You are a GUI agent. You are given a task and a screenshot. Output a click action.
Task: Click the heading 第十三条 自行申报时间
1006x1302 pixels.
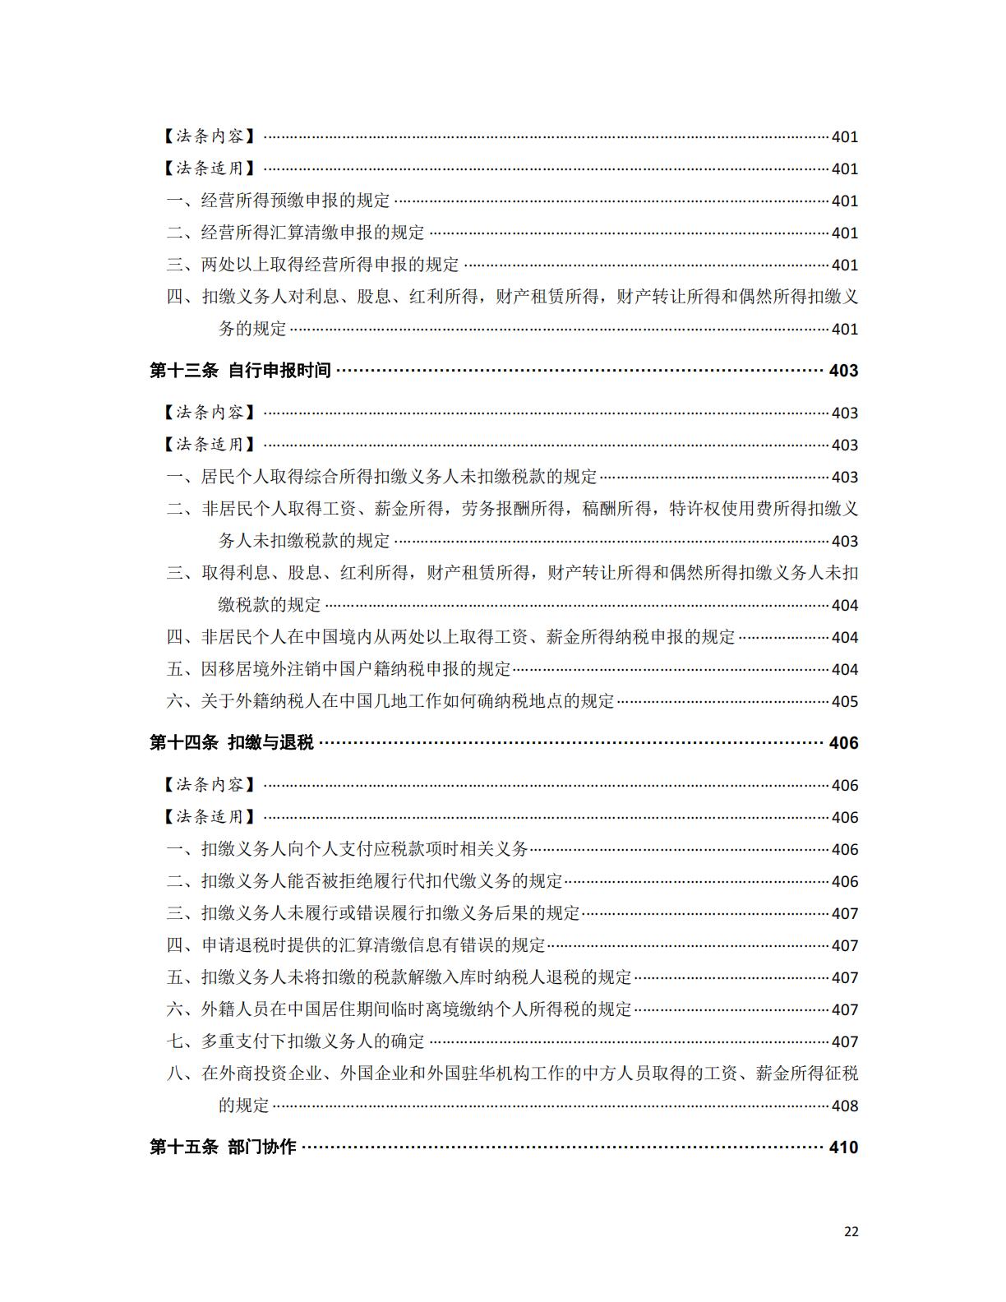pos(240,371)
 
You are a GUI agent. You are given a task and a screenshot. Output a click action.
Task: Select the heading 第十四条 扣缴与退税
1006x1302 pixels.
pos(232,743)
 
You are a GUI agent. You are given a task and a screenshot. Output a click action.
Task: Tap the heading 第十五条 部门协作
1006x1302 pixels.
pos(223,1147)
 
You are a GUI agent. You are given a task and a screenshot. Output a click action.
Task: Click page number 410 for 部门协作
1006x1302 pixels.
pos(843,1147)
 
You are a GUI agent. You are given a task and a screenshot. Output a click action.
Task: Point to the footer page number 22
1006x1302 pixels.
pos(851,1231)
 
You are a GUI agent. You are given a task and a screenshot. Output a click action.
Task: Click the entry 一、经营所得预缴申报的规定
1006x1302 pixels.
pos(279,201)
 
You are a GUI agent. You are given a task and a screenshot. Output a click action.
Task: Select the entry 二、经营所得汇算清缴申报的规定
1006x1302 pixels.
pos(296,233)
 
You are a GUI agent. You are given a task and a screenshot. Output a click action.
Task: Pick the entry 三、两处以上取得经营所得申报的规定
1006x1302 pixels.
pos(313,265)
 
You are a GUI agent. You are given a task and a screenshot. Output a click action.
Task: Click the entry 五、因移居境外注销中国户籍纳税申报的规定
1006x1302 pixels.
pos(339,669)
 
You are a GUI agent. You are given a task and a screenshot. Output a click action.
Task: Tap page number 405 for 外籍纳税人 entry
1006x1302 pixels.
pos(845,702)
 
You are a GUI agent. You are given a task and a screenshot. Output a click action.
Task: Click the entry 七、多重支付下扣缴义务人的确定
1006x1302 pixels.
pos(296,1041)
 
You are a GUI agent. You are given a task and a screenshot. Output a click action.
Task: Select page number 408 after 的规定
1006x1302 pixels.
pos(845,1106)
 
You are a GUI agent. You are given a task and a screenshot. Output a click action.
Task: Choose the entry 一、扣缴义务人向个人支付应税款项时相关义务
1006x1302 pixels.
pos(348,849)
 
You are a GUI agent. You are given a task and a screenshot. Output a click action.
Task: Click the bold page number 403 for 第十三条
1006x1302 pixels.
pos(843,371)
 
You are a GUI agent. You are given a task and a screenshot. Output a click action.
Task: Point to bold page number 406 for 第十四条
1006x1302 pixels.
pos(843,743)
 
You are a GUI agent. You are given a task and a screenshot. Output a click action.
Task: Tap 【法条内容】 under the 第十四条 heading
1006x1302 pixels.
pos(209,785)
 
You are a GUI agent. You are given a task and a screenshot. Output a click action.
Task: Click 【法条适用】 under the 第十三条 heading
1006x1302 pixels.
pos(209,445)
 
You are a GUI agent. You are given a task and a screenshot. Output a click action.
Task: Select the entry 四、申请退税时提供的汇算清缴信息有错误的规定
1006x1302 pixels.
pos(356,945)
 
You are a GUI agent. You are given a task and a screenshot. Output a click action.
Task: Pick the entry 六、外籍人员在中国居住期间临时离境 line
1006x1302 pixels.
pos(399,1009)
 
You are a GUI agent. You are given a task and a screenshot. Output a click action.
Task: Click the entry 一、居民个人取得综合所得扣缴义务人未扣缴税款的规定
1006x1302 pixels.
pos(382,477)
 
